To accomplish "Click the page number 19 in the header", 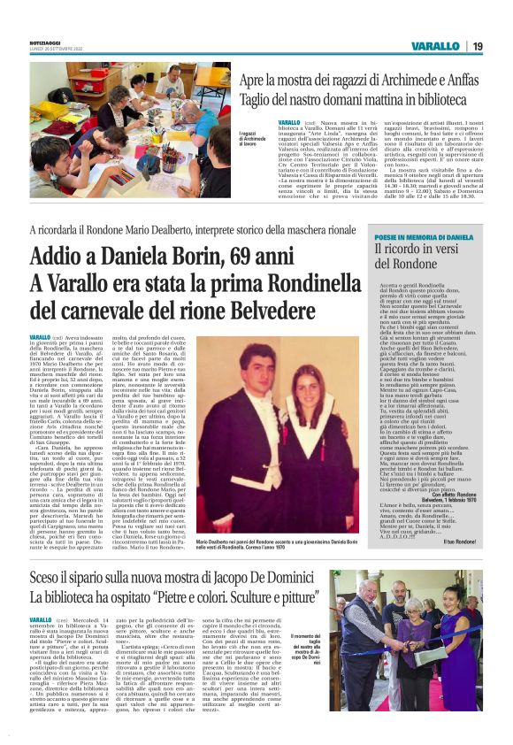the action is pyautogui.click(x=477, y=46).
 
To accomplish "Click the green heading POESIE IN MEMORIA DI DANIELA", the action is pyautogui.click(x=424, y=238).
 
